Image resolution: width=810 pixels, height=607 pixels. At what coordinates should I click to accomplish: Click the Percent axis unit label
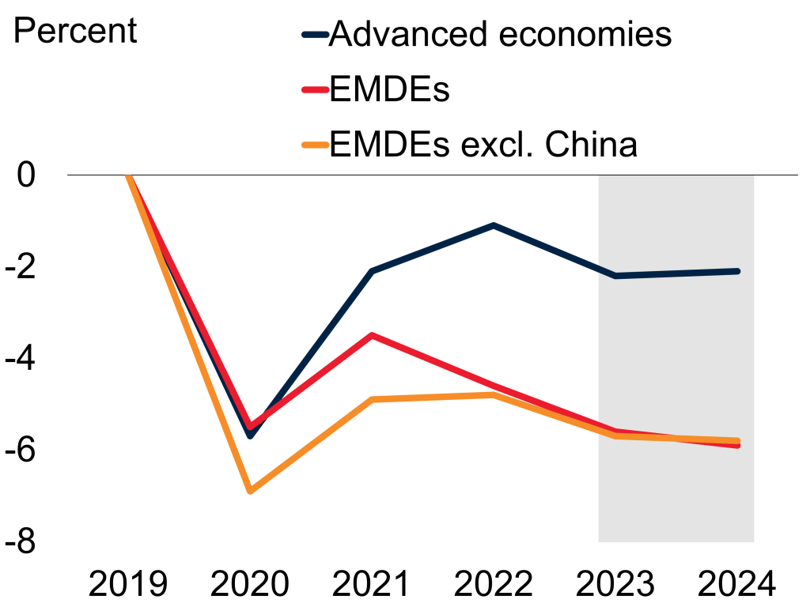75,31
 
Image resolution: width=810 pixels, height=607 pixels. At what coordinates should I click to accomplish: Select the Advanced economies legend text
500,34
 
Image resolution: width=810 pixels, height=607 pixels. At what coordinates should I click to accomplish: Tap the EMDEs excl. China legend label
483,145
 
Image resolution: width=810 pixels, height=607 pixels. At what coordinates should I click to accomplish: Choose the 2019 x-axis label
128,586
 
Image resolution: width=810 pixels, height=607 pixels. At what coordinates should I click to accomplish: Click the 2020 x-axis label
250,586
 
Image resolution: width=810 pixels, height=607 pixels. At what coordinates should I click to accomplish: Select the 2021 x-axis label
372,586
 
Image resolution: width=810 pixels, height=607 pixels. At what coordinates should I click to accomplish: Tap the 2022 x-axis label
494,586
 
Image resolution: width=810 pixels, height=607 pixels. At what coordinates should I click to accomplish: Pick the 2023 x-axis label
615,586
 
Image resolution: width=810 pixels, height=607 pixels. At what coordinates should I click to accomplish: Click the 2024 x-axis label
737,586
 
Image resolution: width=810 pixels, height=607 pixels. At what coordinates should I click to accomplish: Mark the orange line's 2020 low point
250,491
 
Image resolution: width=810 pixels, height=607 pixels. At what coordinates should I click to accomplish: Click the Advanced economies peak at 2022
494,225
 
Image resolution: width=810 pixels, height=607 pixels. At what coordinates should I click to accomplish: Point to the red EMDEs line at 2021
372,335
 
